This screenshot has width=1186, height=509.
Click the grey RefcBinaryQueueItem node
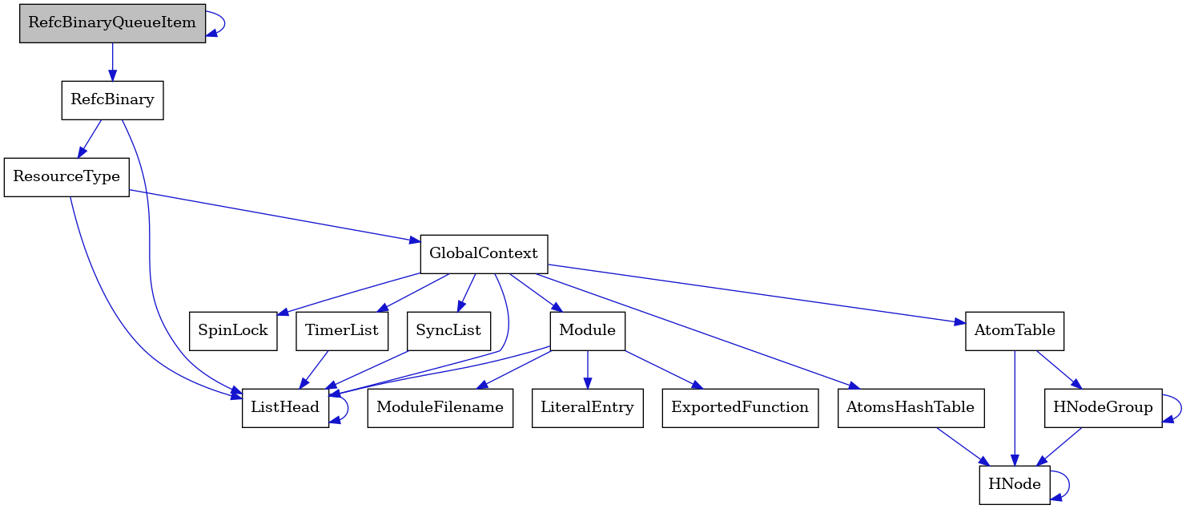click(112, 22)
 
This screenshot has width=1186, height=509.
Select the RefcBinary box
click(112, 100)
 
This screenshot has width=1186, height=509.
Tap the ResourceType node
click(66, 176)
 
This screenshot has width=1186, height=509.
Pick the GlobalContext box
click(484, 253)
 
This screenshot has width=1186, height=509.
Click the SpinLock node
click(233, 330)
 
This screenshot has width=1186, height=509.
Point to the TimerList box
click(342, 330)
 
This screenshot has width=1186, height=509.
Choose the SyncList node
click(448, 330)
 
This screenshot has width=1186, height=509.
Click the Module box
click(587, 330)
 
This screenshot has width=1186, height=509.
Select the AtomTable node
click(1014, 330)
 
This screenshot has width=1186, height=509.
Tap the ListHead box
click(285, 407)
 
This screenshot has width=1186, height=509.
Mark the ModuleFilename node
click(440, 407)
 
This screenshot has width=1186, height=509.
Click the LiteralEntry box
click(587, 407)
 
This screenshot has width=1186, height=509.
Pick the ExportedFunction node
click(739, 407)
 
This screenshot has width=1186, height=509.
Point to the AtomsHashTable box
click(910, 407)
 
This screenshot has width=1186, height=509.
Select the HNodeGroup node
click(1103, 407)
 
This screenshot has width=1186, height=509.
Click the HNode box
click(1014, 484)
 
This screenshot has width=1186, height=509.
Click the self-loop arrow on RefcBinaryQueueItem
click(224, 22)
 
